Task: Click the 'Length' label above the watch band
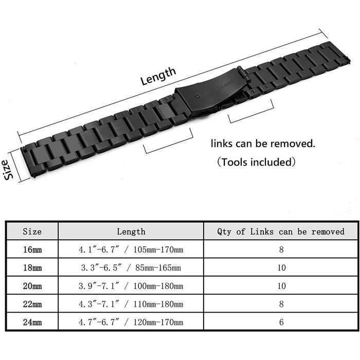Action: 158,76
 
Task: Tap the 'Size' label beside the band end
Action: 8,169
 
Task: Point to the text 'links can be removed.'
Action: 263,143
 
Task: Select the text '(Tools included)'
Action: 256,162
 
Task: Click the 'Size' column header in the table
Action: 32,231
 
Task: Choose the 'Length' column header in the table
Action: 131,231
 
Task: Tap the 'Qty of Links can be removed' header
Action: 281,231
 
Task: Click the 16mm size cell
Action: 32,249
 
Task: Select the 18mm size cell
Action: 32,267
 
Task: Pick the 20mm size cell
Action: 32,286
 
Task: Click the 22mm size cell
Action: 32,304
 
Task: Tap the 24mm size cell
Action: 32,322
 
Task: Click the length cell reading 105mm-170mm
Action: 131,249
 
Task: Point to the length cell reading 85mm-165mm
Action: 131,267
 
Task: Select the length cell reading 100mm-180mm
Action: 131,286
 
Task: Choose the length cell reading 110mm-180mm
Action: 131,304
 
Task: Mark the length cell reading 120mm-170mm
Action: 131,322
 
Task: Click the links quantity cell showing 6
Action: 281,322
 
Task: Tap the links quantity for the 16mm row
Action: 281,249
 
